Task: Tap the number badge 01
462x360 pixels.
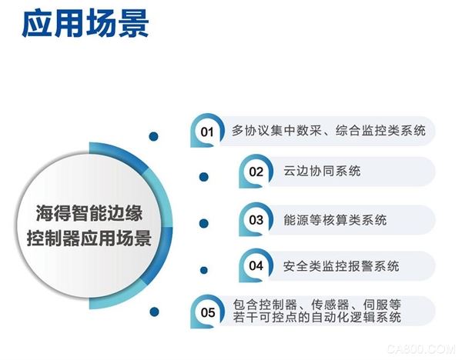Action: click(207, 131)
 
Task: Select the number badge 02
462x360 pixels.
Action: click(256, 172)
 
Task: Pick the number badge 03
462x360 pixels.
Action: click(256, 219)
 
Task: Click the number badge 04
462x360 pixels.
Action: click(256, 265)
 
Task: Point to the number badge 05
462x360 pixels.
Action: click(207, 312)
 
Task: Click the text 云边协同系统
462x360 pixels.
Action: click(322, 171)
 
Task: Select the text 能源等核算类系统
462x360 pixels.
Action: click(335, 219)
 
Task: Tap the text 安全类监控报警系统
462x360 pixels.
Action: click(341, 266)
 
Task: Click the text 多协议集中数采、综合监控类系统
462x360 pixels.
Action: click(329, 131)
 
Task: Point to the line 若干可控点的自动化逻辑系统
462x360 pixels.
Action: click(317, 318)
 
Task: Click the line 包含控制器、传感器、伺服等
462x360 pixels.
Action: click(317, 305)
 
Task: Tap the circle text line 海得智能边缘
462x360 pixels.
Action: click(89, 213)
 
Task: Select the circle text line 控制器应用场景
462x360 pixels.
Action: click(89, 238)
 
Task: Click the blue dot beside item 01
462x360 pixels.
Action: click(153, 136)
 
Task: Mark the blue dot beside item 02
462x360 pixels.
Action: click(204, 177)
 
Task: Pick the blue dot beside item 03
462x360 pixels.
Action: click(204, 223)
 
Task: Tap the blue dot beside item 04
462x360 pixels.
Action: click(203, 270)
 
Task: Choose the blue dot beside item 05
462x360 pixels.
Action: click(154, 312)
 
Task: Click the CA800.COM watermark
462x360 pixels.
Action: click(421, 349)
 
